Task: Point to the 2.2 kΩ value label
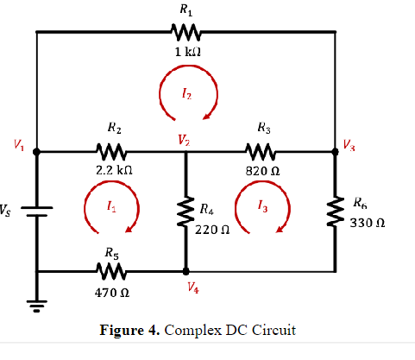tap(114, 170)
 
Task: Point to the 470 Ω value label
tap(113, 293)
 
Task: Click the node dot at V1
tap(36, 151)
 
